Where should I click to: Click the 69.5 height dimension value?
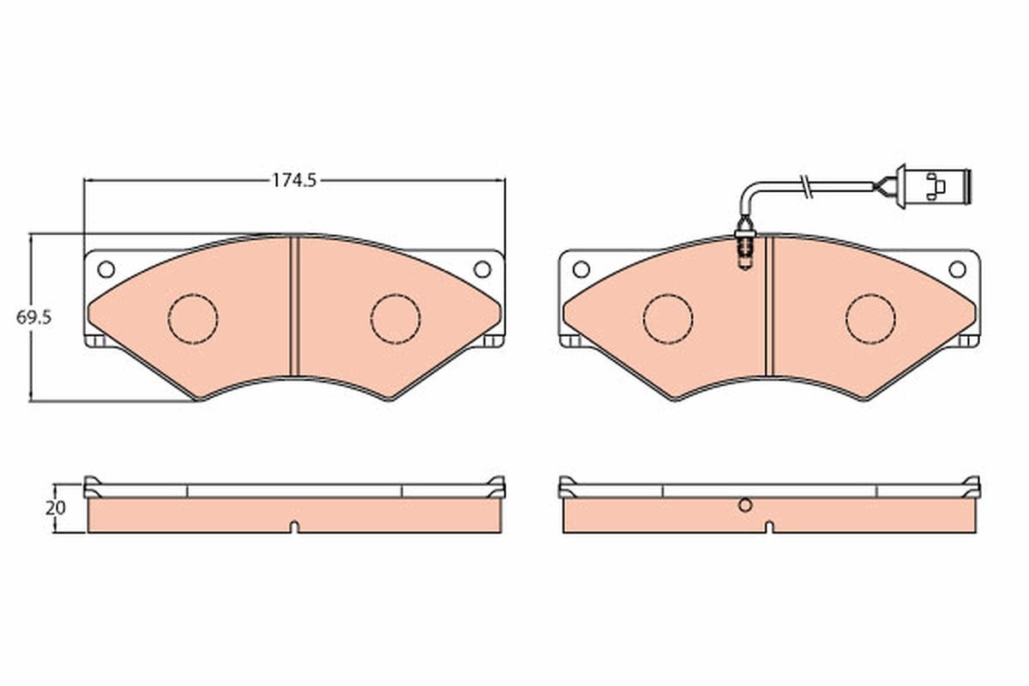[x=34, y=316]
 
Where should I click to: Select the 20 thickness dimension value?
[x=56, y=508]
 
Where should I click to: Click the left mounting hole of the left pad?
[x=106, y=269]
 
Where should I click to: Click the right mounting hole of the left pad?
[x=482, y=269]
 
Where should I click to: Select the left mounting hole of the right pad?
[x=581, y=269]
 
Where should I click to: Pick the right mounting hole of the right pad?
[x=957, y=269]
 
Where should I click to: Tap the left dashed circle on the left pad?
[x=193, y=319]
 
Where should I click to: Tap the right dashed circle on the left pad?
[x=395, y=319]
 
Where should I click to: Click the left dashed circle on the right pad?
[x=668, y=319]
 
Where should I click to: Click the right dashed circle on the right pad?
[x=870, y=319]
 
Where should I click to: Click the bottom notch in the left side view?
[x=294, y=527]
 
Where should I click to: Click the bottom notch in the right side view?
[x=769, y=527]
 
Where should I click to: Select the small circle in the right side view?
[x=745, y=506]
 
